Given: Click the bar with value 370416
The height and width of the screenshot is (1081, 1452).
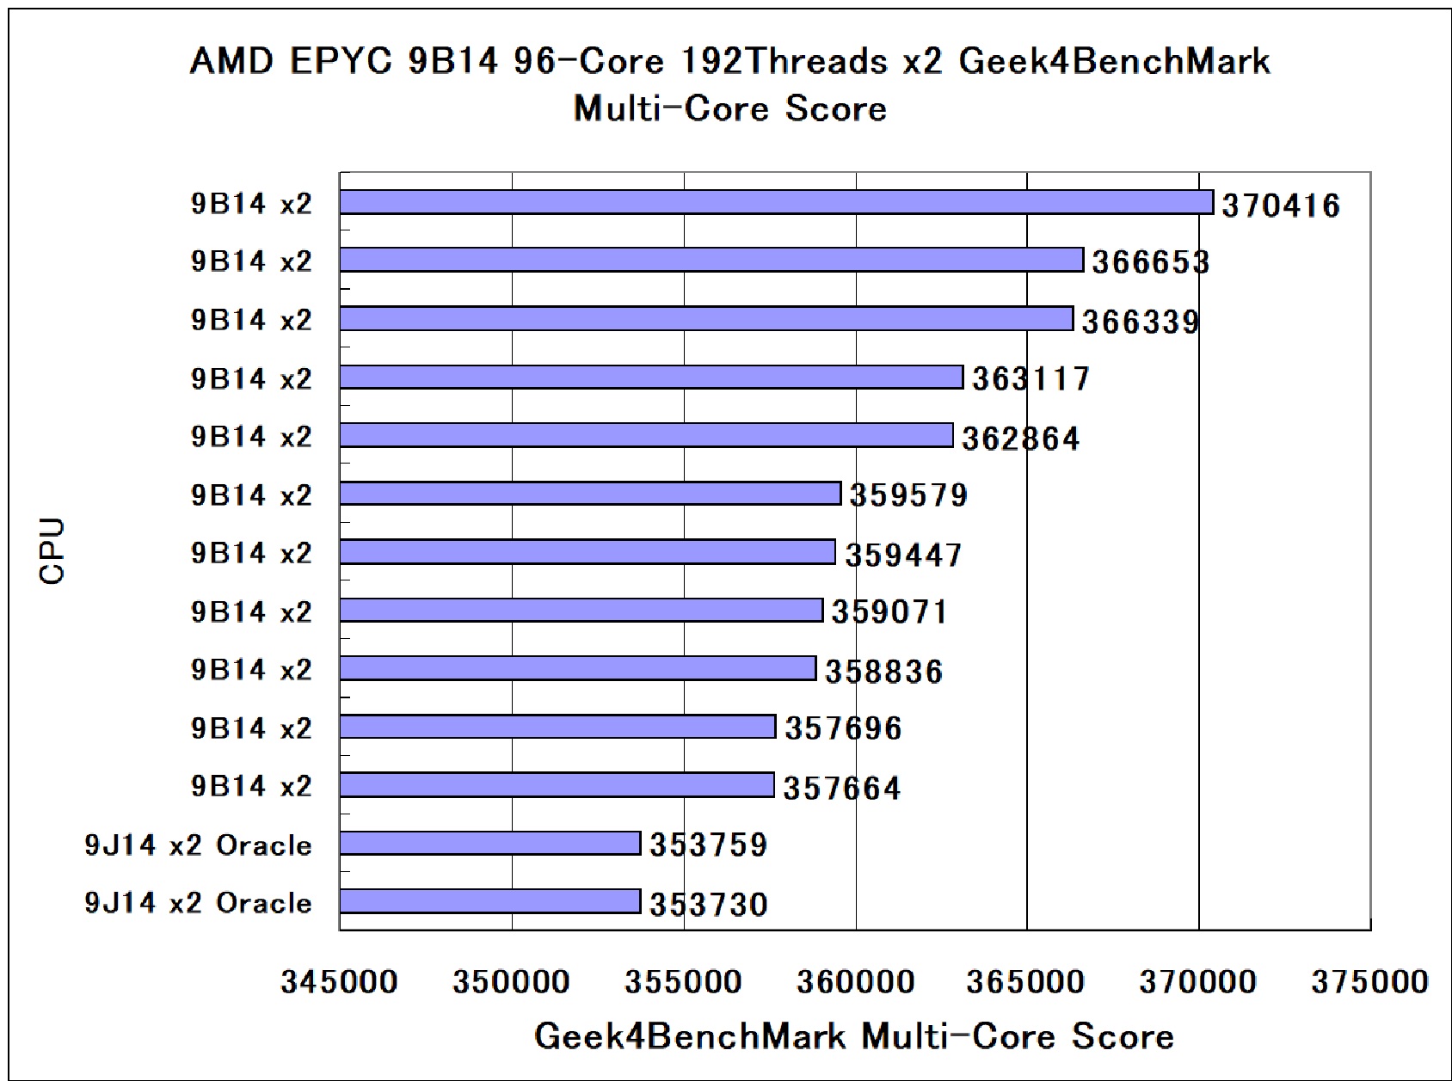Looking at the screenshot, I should click(776, 202).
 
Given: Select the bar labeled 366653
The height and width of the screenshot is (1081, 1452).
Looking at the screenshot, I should click(711, 260).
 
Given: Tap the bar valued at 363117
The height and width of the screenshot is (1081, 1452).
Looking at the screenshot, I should click(651, 377).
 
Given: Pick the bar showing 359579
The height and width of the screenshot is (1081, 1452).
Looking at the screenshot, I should click(590, 494).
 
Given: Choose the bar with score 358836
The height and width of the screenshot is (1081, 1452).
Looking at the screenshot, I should click(578, 668).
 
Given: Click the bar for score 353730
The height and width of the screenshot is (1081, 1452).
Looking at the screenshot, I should click(490, 901).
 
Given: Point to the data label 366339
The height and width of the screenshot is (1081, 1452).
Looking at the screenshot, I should click(1141, 322).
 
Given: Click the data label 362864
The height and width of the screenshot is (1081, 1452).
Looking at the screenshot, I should click(1020, 439).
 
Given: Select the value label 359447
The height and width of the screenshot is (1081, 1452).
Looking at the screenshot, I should click(903, 555).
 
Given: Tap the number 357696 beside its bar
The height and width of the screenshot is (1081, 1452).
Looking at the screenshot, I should click(844, 728).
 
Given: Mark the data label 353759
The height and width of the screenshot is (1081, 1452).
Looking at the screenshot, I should click(708, 845).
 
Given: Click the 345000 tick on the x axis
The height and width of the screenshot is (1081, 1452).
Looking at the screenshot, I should click(339, 981).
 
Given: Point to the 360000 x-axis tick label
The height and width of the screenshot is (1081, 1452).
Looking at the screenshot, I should click(855, 981).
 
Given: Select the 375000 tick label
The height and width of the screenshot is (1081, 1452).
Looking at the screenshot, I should click(1369, 981).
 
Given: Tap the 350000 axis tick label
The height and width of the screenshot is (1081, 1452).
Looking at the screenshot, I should click(511, 981).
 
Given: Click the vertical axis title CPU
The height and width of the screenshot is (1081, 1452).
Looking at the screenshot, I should click(52, 551).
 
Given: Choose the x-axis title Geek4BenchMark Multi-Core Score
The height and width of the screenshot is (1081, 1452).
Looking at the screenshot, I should click(853, 1036).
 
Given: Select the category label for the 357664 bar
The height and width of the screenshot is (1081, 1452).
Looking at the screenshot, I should click(251, 786).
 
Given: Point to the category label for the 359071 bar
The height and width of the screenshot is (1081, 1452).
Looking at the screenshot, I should click(251, 611).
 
